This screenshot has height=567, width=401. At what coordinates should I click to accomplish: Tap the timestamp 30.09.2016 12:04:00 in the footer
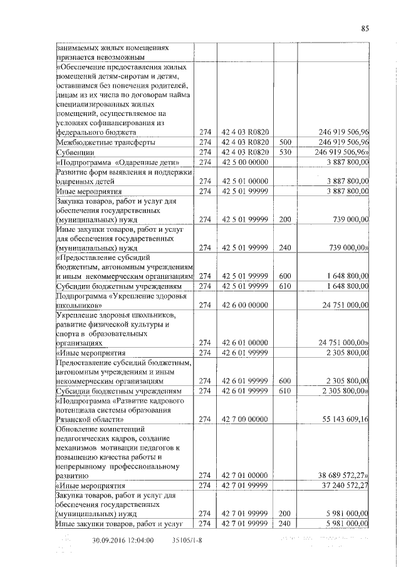pyautogui.click(x=123, y=540)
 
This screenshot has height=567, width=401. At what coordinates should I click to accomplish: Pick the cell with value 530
pyautogui.click(x=286, y=152)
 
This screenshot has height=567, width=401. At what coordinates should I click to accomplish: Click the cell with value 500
pyautogui.click(x=286, y=142)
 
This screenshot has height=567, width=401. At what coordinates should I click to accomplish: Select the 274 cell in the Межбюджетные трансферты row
pyautogui.click(x=206, y=142)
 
